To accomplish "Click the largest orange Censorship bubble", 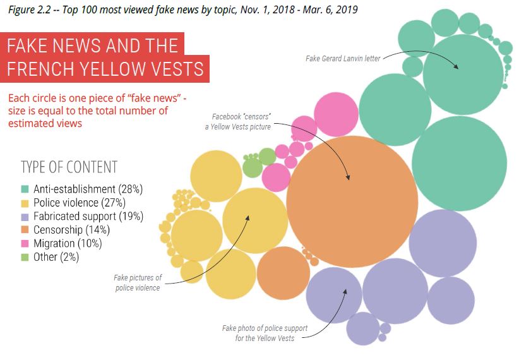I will click(352, 201).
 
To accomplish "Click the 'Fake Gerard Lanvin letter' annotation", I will click(343, 59).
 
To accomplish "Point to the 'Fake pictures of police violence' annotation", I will click(138, 282).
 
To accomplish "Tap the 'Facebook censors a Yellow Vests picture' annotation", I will click(241, 122).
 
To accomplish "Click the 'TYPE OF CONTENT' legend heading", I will click(69, 167).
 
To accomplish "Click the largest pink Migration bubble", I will click(336, 114).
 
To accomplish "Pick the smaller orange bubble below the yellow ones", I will click(282, 273).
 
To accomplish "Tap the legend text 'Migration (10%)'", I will click(68, 243).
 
